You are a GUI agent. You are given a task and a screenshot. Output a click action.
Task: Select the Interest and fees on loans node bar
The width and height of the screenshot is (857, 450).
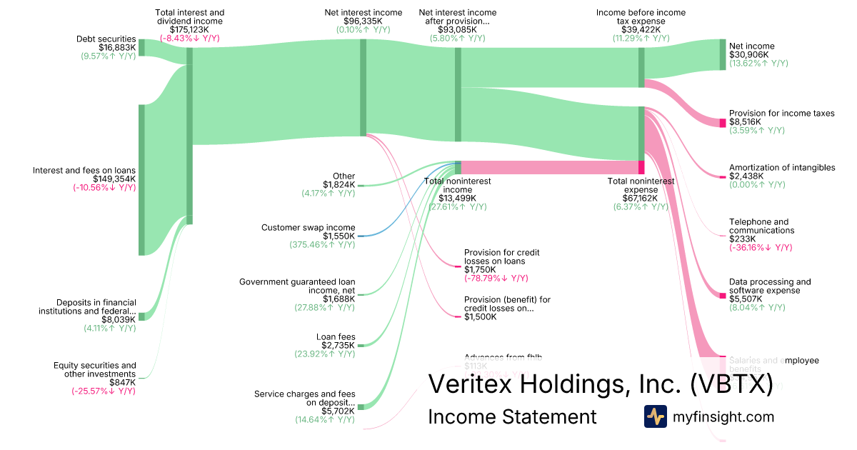tap(141, 179)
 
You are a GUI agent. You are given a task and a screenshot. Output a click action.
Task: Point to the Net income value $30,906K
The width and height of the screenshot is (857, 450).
tap(748, 55)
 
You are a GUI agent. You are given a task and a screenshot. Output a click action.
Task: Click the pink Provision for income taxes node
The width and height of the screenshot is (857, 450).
tap(723, 123)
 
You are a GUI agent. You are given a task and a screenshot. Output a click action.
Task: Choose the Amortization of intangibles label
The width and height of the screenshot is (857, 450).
tap(782, 168)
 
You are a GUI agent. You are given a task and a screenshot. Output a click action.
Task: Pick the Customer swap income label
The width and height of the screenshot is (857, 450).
tap(308, 228)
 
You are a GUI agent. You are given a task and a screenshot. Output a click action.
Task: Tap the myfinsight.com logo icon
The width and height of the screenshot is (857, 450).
tap(655, 416)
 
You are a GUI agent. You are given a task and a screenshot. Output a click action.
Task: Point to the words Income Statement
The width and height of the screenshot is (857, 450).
tap(512, 416)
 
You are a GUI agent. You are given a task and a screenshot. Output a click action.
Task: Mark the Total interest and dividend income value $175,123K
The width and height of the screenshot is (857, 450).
tap(189, 30)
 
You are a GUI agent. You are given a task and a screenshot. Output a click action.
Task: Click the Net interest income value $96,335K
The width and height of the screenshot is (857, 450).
tap(363, 21)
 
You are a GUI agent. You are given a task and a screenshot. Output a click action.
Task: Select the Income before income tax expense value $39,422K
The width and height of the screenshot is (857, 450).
tap(641, 30)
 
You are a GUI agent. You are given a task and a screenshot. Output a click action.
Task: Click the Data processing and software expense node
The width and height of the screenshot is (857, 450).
tap(723, 295)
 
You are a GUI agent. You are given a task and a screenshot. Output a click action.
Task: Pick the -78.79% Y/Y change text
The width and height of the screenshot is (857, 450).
tap(496, 279)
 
